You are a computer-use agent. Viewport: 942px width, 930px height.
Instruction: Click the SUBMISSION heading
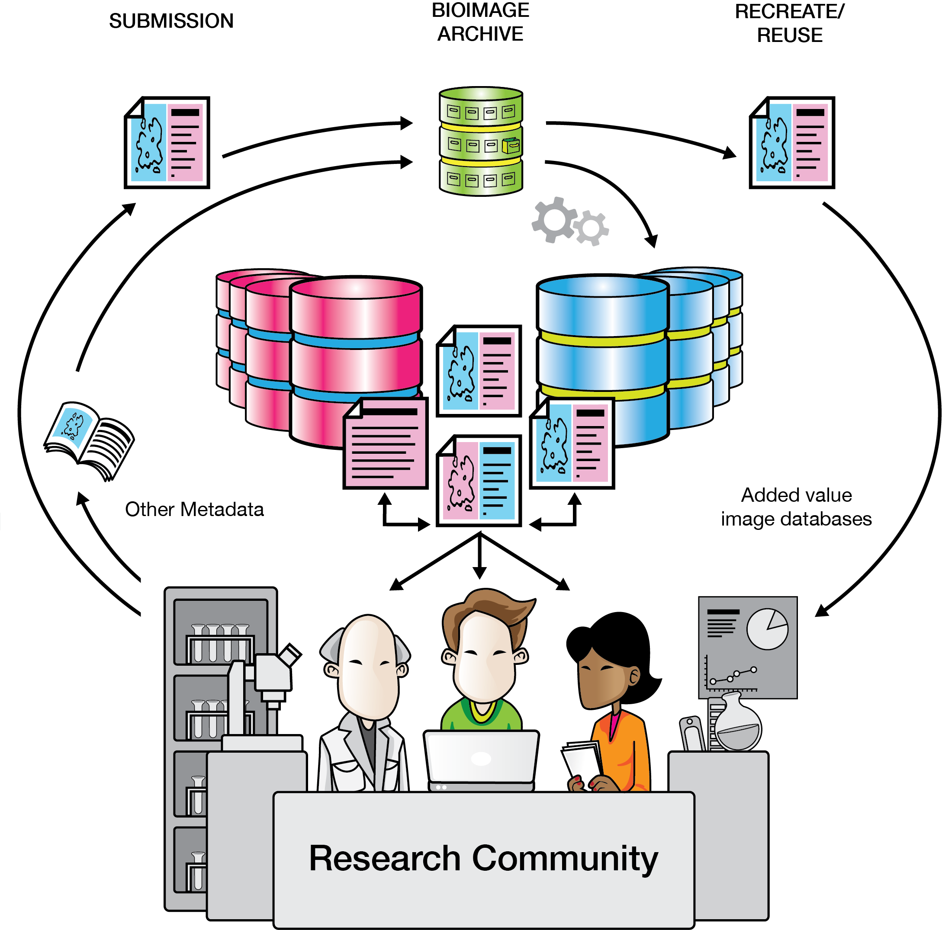coord(171,21)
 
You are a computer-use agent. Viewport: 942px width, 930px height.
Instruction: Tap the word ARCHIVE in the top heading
coord(480,34)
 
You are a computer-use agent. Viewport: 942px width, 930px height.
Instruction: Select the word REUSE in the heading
coord(790,35)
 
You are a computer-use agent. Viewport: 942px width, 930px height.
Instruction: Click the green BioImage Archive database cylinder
coord(481,141)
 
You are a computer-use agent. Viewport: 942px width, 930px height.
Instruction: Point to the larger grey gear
coord(554,220)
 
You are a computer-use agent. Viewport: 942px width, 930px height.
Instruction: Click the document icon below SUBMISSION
coord(167,142)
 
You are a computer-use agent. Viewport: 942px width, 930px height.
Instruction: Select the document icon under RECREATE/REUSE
coord(792,142)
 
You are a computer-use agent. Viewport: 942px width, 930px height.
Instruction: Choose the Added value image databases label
coord(796,507)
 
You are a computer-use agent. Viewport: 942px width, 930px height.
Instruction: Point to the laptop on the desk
coord(481,758)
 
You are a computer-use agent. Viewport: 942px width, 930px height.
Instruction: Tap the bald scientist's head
coord(368,663)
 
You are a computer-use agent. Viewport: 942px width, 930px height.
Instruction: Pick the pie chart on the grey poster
coord(768,629)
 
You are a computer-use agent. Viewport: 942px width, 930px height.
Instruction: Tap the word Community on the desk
coord(565,858)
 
